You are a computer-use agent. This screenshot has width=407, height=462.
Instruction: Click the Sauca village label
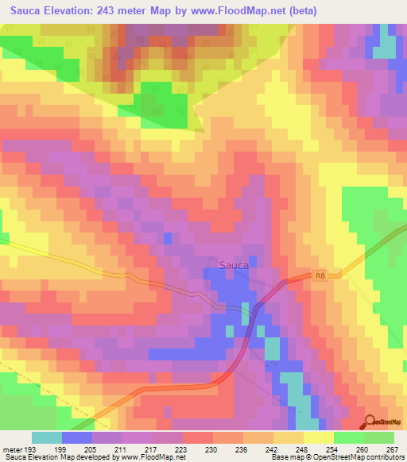click(x=234, y=265)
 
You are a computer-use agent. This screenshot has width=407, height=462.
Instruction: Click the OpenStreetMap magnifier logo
click(x=371, y=422)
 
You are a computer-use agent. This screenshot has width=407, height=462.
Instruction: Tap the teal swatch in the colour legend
click(x=47, y=437)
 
